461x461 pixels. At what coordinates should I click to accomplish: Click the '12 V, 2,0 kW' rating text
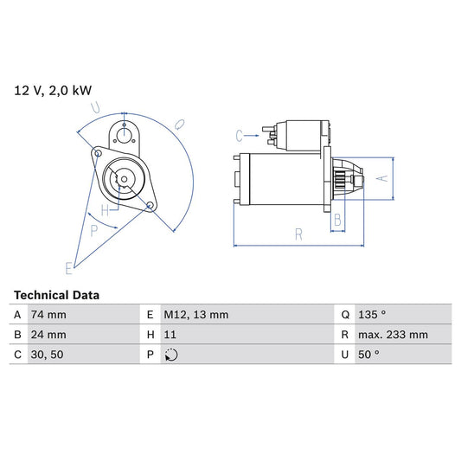click(51, 89)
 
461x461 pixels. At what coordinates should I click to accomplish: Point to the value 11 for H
click(170, 335)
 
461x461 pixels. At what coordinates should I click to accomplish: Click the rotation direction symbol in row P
click(171, 355)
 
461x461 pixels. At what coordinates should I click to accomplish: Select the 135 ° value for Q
click(373, 315)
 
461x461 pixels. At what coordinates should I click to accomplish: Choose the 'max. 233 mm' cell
click(394, 335)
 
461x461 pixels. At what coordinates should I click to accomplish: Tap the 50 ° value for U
click(370, 355)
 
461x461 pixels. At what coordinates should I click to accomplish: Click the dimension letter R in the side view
click(298, 234)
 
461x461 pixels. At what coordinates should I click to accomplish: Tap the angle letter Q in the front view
click(180, 124)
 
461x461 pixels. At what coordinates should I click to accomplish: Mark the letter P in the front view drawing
click(94, 229)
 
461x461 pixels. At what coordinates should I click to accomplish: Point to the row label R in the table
click(344, 335)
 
